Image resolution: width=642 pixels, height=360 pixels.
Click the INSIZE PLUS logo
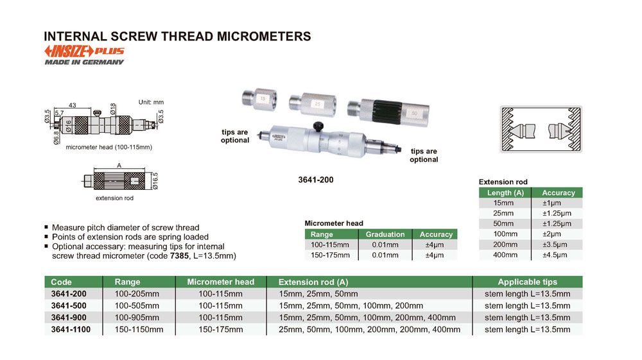[x=84, y=51]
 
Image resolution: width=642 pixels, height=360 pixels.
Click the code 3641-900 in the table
[x=69, y=318]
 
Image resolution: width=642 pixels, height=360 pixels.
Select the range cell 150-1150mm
[x=139, y=329]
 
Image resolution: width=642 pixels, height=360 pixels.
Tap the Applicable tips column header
[x=527, y=282]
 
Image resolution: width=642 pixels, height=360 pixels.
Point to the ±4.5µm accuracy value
[x=555, y=255]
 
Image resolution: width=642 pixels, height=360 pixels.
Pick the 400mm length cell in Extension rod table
[x=505, y=255]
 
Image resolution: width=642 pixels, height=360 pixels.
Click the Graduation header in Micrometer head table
[x=385, y=234]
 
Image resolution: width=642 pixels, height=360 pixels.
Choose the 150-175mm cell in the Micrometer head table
[x=330, y=255]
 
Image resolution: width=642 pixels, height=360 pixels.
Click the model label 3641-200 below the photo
[x=316, y=180]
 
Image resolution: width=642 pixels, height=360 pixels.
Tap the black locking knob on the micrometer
[x=318, y=126]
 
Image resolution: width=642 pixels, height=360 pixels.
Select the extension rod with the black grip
[x=388, y=110]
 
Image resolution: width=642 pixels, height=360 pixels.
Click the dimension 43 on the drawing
[x=72, y=105]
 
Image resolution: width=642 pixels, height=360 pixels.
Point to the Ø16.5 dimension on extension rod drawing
[x=155, y=181]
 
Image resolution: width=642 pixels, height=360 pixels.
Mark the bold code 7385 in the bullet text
[x=179, y=256]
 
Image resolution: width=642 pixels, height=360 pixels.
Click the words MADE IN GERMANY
[x=84, y=62]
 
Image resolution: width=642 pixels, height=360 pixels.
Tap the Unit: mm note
[x=151, y=102]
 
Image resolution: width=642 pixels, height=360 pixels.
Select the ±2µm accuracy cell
[x=551, y=234]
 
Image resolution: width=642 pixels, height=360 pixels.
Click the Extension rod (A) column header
[x=313, y=282]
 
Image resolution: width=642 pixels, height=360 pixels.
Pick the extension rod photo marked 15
[x=259, y=99]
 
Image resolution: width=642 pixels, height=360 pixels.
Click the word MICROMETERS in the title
[x=264, y=37]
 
